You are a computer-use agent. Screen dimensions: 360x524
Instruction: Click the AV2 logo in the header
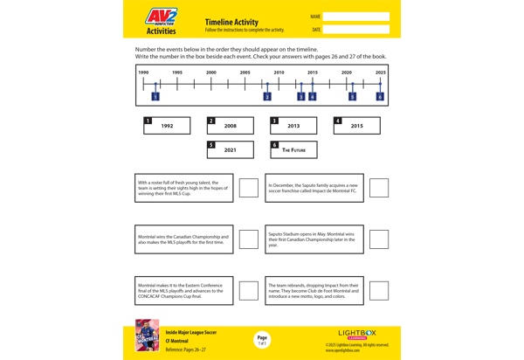click(161, 18)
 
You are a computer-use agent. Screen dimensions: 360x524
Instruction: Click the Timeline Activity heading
click(231, 22)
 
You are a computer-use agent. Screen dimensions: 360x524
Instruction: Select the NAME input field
click(356, 17)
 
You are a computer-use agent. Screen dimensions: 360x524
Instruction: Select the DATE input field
click(356, 30)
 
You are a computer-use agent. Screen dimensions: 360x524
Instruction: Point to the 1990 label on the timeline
click(143, 73)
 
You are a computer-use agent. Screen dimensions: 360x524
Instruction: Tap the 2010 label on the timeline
click(279, 73)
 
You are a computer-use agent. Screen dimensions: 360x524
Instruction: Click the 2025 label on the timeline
click(380, 73)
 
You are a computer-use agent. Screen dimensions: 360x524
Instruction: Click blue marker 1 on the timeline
click(155, 96)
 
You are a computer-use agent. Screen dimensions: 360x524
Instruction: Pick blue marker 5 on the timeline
click(352, 96)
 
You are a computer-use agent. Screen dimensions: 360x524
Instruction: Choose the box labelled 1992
click(167, 126)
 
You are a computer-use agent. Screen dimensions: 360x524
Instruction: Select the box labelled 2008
click(231, 126)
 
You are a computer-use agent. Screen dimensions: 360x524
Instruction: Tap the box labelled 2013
click(293, 126)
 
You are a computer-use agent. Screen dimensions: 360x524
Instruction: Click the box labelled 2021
click(231, 149)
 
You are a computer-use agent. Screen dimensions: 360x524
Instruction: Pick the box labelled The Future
click(293, 149)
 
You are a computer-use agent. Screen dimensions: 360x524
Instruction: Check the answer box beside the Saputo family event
click(378, 188)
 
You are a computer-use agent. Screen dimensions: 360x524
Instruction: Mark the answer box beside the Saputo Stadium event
click(378, 239)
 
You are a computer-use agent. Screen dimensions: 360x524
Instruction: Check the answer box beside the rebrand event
click(378, 290)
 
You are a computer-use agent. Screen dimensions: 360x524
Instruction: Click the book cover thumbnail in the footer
click(147, 335)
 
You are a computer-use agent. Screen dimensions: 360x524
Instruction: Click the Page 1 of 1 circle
click(262, 340)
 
